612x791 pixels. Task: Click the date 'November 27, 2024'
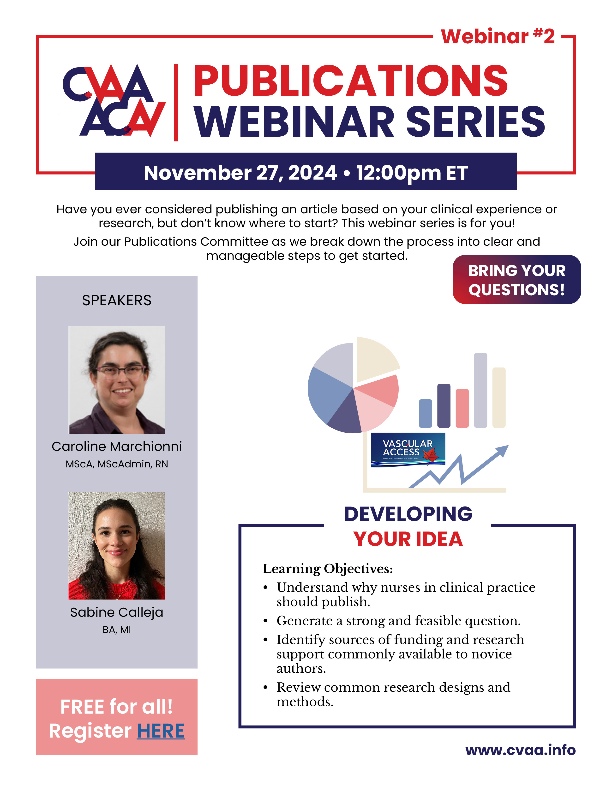tap(240, 173)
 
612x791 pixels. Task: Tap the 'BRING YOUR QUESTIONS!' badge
tap(517, 279)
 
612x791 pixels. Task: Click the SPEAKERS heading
tap(117, 300)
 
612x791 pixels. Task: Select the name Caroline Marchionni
tap(117, 446)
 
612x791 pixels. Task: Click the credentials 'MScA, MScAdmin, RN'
tap(117, 464)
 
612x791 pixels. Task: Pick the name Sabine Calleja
tap(117, 612)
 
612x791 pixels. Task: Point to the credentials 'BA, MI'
tap(117, 630)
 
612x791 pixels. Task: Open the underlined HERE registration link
tap(161, 731)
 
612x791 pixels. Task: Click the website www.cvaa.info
tap(520, 750)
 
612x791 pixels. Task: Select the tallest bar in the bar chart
tap(480, 390)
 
